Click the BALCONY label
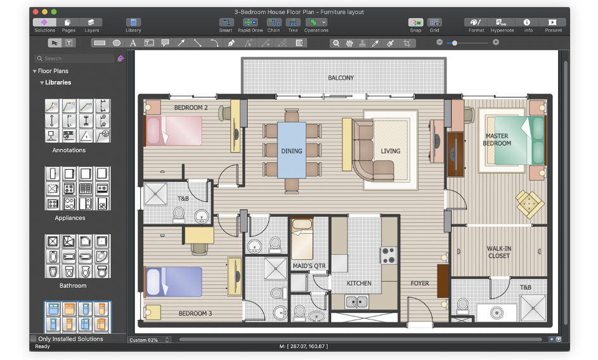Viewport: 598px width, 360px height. [x=341, y=78]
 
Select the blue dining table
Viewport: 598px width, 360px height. [x=292, y=150]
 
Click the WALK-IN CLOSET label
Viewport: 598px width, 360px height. [x=498, y=252]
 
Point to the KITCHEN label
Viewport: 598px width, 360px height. [x=359, y=283]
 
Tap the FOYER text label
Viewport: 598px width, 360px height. [x=419, y=283]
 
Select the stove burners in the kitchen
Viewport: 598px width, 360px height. [x=388, y=255]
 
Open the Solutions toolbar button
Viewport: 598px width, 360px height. [x=44, y=25]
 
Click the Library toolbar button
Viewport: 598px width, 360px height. [x=133, y=25]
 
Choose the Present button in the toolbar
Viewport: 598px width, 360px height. [x=553, y=25]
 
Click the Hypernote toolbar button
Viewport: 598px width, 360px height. [x=502, y=25]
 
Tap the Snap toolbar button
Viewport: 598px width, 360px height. [x=415, y=25]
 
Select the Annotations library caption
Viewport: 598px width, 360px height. [x=69, y=150]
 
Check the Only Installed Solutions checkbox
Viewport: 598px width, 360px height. [x=34, y=339]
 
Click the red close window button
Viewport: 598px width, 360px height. [x=35, y=11]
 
